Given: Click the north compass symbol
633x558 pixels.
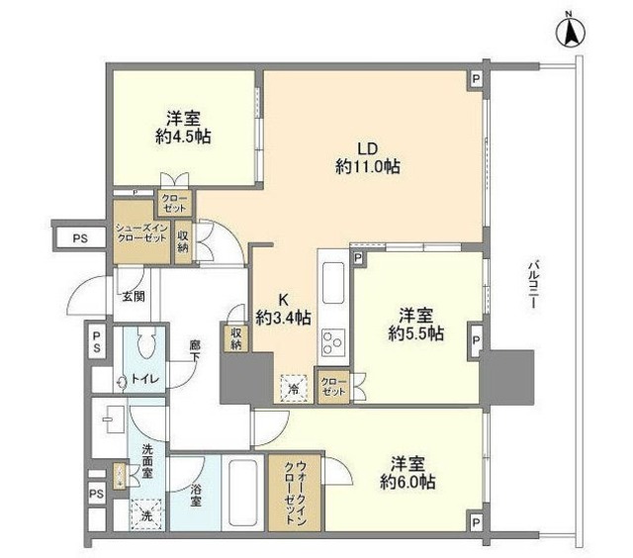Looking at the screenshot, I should (571, 34).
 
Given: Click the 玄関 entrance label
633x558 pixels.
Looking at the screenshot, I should (133, 296).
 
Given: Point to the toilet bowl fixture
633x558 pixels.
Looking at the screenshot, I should (145, 345).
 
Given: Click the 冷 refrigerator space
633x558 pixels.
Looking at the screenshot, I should (294, 388).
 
